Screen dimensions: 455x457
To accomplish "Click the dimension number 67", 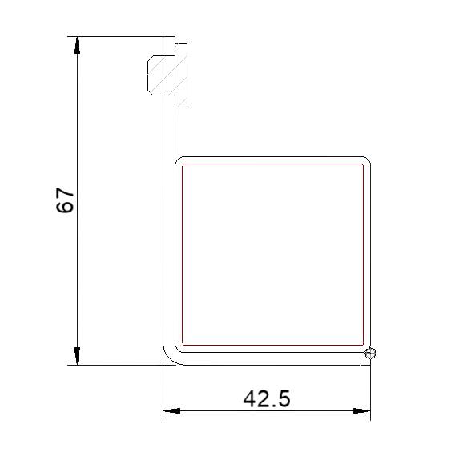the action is coord(65,200).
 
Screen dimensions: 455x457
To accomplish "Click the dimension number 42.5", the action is coord(267,398).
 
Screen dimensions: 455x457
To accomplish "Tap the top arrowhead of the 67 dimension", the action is coord(77,46).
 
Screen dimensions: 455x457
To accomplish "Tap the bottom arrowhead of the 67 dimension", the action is coord(77,356).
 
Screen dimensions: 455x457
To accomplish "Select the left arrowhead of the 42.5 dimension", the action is coord(171,411).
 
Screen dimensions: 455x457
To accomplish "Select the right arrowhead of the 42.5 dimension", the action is coord(362,411).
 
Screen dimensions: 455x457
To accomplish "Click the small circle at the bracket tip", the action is coord(370,354).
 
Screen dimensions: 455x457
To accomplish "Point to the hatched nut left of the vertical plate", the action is coord(155,75).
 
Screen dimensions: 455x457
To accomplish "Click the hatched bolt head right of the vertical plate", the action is coord(181,75).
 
